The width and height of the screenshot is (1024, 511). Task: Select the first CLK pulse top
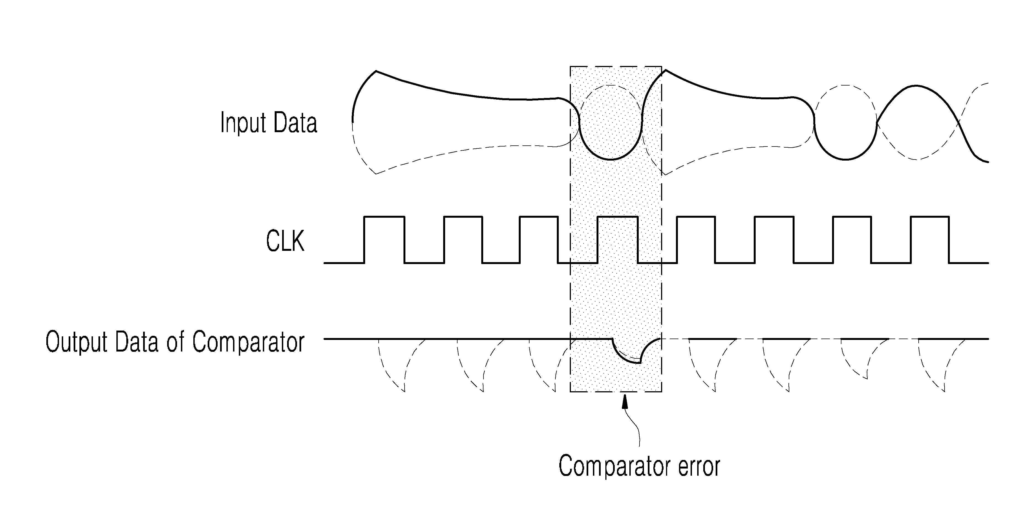coord(384,217)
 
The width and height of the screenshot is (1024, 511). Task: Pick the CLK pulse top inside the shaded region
coord(618,217)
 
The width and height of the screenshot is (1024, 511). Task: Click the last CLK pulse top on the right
coord(930,217)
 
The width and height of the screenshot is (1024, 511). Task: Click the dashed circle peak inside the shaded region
coord(611,85)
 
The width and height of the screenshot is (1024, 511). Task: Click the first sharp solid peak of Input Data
coord(376,71)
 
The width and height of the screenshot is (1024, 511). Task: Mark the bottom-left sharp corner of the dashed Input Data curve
coord(376,174)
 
